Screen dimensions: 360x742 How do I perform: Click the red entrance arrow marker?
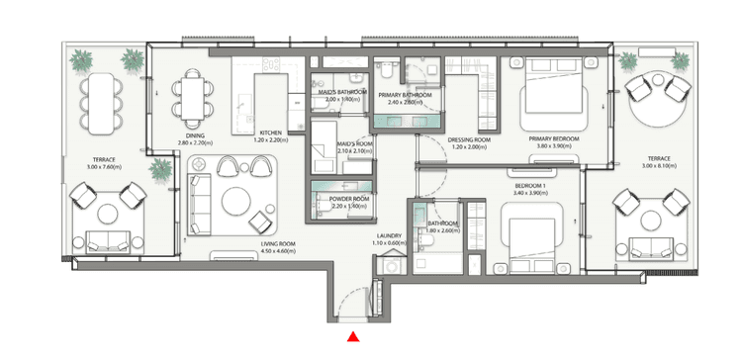click(x=352, y=338)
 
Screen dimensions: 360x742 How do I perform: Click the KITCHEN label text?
click(x=272, y=133)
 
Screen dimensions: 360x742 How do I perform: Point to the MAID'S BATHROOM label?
click(x=339, y=92)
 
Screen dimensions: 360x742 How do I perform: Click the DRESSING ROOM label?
click(x=469, y=139)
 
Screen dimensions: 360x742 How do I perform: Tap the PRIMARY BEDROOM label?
click(x=552, y=139)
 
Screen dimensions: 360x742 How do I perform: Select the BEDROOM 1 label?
click(x=531, y=185)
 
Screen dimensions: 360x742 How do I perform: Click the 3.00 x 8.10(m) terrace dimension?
click(x=660, y=166)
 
